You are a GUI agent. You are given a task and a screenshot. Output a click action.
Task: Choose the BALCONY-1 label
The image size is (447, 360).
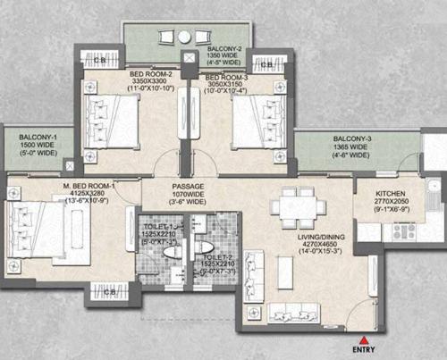tap(32, 136)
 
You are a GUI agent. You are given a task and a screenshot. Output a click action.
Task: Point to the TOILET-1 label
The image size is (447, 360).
tap(156, 229)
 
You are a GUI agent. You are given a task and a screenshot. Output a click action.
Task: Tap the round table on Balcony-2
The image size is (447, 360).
tap(184, 38)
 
